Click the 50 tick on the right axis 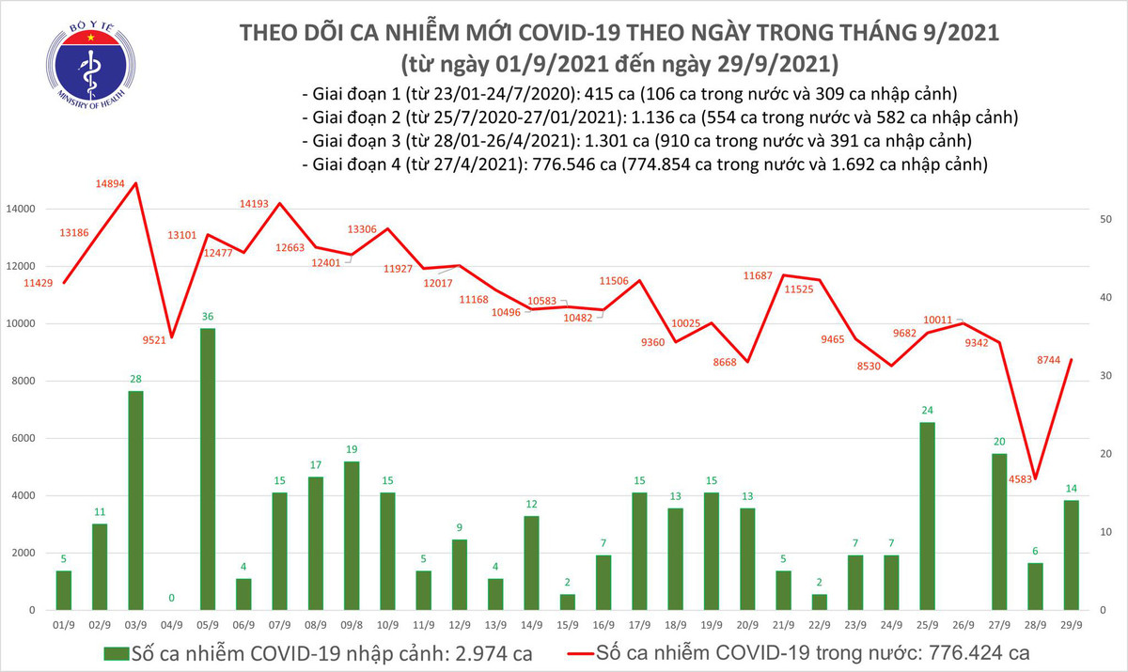[1106, 219]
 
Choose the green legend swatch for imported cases [116, 651]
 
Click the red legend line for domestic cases [595, 651]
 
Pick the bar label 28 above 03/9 [135, 378]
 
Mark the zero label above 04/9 [172, 598]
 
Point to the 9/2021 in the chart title [948, 33]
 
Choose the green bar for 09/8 [352, 535]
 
